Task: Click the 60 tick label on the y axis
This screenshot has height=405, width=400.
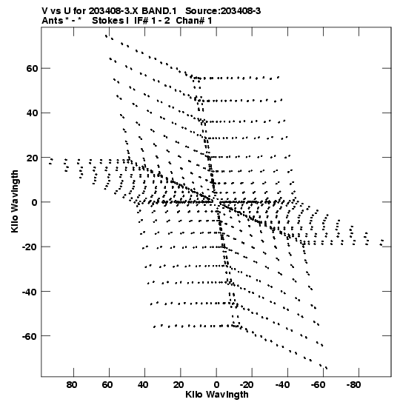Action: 32,68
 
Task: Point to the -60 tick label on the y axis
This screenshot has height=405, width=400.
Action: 30,336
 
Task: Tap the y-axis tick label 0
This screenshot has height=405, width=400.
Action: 35,202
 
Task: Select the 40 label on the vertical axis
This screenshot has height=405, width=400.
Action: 32,113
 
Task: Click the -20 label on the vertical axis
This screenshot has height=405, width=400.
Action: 30,247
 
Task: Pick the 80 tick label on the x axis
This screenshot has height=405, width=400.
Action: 72,385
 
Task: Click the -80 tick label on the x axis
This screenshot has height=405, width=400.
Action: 353,385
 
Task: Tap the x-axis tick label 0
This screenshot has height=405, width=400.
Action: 216,385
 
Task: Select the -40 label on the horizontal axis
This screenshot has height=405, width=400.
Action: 282,385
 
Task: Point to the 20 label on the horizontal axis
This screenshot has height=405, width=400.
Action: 179,385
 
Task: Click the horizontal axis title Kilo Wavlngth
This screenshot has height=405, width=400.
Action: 217,395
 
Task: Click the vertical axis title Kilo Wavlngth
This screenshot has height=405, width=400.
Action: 15,201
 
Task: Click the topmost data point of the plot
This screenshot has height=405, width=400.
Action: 106,36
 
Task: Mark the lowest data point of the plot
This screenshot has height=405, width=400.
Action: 327,368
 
